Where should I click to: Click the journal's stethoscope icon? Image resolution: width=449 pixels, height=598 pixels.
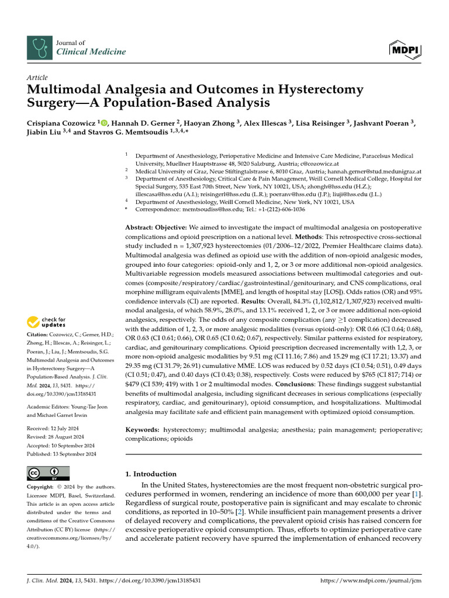[39, 47]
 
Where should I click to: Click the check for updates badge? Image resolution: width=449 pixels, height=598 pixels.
[47, 321]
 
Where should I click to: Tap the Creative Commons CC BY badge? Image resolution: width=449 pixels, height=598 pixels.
[49, 473]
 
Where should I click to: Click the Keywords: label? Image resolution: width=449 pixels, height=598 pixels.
[143, 429]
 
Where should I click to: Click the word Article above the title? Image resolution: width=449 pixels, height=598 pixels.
[37, 77]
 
